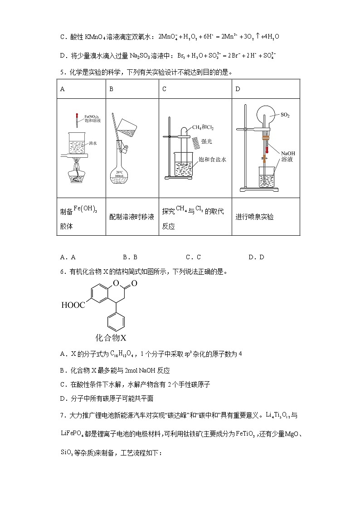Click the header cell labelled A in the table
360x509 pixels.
coord(63,89)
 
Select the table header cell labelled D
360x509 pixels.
coord(238,89)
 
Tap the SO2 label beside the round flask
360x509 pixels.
coord(285,115)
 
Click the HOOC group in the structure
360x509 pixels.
coord(73,305)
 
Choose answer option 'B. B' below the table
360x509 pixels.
coord(130,257)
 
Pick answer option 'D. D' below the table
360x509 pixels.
coord(256,257)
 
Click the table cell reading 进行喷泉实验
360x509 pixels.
coord(254,217)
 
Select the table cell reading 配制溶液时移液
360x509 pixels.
coord(131,217)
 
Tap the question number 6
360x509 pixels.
coord(62,272)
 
